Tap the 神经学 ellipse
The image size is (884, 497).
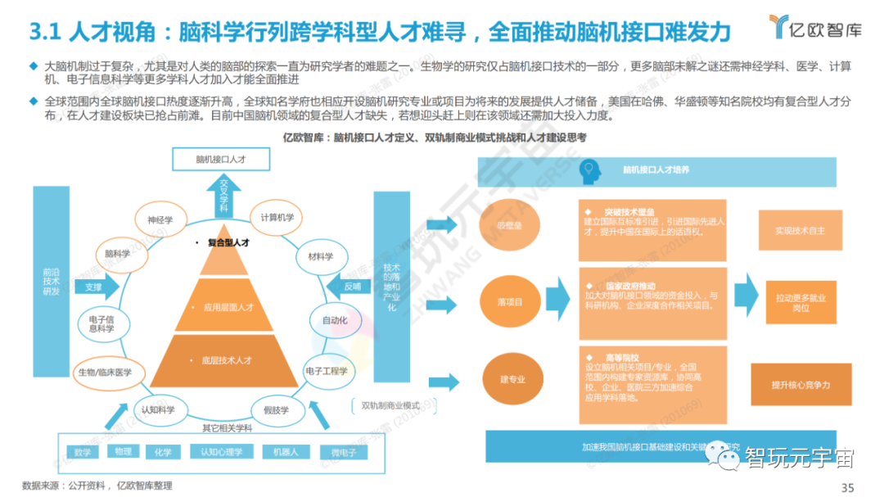point(160,220)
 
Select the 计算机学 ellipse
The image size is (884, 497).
point(277,217)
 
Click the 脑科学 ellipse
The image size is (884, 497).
point(119,254)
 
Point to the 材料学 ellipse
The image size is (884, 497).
point(321,256)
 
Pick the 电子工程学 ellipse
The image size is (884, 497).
point(327,372)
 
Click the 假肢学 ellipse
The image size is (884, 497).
point(276,409)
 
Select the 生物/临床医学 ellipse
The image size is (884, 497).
point(105,372)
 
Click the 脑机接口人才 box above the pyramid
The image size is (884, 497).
point(221,160)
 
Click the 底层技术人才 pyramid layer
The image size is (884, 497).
point(224,360)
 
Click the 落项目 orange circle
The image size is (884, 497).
point(509,302)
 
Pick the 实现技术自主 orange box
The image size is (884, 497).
point(800,231)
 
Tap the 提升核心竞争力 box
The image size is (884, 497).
point(801,385)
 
